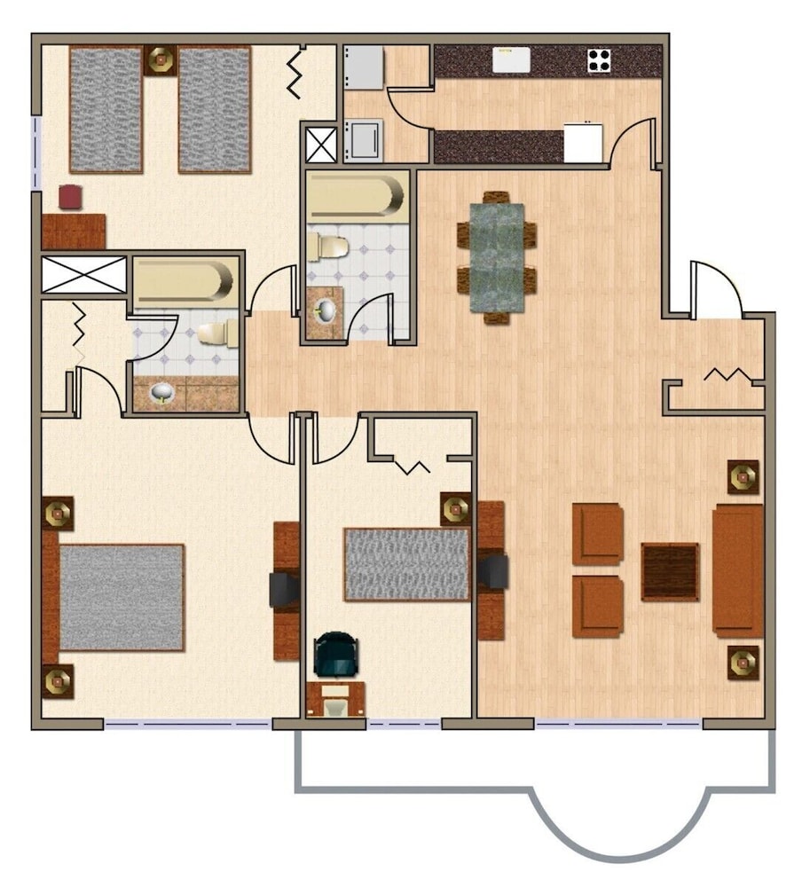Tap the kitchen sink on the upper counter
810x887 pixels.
point(512,59)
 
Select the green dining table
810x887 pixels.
point(497,257)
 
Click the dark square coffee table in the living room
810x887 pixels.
point(670,572)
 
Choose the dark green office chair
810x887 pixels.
point(338,655)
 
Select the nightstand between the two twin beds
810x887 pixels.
point(161,60)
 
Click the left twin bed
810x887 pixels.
point(106,109)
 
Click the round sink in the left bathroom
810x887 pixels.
point(162,391)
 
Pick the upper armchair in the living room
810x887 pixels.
point(597,533)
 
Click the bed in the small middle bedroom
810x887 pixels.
point(407,564)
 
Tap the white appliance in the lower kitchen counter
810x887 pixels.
point(583,144)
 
